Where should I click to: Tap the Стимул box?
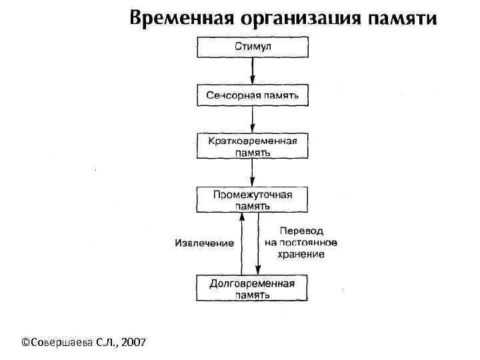(252, 47)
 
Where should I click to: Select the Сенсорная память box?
(252, 95)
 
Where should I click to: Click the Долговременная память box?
(252, 288)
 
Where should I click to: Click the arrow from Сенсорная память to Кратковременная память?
(252, 120)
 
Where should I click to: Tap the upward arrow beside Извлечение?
(242, 244)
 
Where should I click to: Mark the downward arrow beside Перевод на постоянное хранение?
(258, 244)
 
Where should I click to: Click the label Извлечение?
(205, 243)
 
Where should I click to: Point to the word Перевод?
(301, 231)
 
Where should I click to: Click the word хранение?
(302, 254)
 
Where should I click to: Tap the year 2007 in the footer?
(137, 342)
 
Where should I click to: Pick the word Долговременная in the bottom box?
(252, 283)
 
